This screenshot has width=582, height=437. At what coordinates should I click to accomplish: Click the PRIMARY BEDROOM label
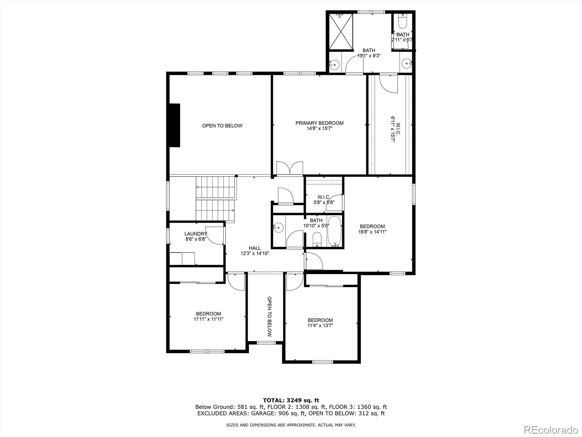pyautogui.click(x=319, y=123)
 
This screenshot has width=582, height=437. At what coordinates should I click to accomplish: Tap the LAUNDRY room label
pyautogui.click(x=196, y=234)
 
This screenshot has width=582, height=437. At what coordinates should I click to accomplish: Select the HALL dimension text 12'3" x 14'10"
pyautogui.click(x=255, y=253)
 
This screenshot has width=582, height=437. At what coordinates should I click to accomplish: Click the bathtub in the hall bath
pyautogui.click(x=335, y=232)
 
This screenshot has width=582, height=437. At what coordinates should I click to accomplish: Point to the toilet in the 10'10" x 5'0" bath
pyautogui.click(x=317, y=240)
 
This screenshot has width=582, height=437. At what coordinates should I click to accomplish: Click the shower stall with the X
pyautogui.click(x=341, y=31)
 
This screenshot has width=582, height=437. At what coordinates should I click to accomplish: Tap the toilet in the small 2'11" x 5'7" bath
pyautogui.click(x=402, y=23)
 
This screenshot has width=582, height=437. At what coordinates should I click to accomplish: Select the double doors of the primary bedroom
pyautogui.click(x=290, y=169)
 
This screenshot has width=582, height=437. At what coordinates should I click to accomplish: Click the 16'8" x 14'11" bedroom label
pyautogui.click(x=372, y=227)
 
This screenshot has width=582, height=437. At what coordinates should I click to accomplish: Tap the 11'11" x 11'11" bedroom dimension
pyautogui.click(x=208, y=319)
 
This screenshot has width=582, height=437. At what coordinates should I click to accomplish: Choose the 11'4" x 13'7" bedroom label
pyautogui.click(x=320, y=320)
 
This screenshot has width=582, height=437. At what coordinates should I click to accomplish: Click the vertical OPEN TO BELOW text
pyautogui.click(x=270, y=316)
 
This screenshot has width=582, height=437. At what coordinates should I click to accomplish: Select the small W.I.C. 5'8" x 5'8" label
pyautogui.click(x=324, y=200)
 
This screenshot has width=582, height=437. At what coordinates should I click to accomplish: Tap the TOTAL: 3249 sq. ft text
pyautogui.click(x=291, y=400)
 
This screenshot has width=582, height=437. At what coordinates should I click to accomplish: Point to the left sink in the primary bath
pyautogui.click(x=334, y=65)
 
